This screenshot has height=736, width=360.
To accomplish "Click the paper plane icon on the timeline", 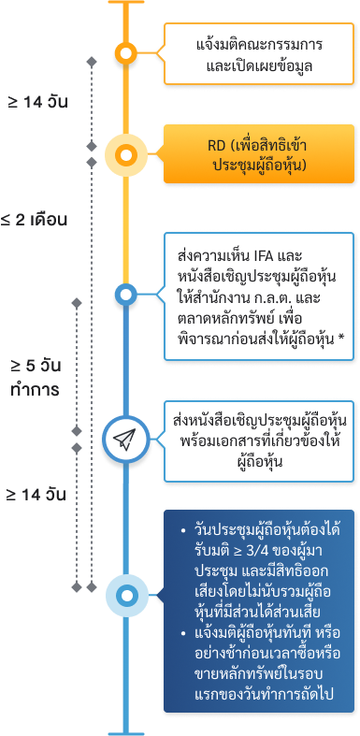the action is [123, 438].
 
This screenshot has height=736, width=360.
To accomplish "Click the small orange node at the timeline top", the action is [123, 53].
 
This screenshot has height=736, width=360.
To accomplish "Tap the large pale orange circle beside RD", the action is [123, 156].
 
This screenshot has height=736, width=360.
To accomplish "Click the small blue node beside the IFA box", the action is [123, 296].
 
